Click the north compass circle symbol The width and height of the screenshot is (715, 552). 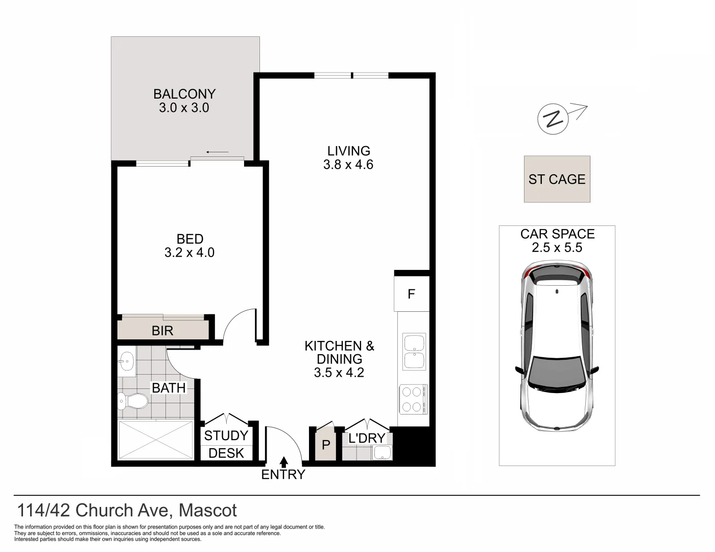click(553, 119)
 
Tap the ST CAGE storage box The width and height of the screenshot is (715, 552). click(557, 179)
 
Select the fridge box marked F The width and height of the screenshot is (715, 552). click(411, 294)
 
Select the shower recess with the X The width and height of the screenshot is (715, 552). click(155, 440)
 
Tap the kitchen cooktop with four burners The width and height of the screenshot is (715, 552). click(413, 399)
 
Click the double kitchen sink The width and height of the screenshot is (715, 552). click(414, 351)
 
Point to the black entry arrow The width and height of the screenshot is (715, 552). click(283, 462)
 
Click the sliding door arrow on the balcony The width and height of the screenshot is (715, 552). click(217, 152)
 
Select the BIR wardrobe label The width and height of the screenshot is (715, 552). click(162, 331)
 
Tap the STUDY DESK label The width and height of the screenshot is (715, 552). click(226, 444)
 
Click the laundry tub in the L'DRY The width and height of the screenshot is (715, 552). click(382, 452)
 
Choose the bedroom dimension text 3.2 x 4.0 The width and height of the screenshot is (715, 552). click(189, 252)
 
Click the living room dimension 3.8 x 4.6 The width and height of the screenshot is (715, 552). click(348, 165)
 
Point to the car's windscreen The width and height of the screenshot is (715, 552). click(556, 374)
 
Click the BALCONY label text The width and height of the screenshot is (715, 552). click(184, 94)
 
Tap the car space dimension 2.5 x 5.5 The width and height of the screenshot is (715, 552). click(557, 248)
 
